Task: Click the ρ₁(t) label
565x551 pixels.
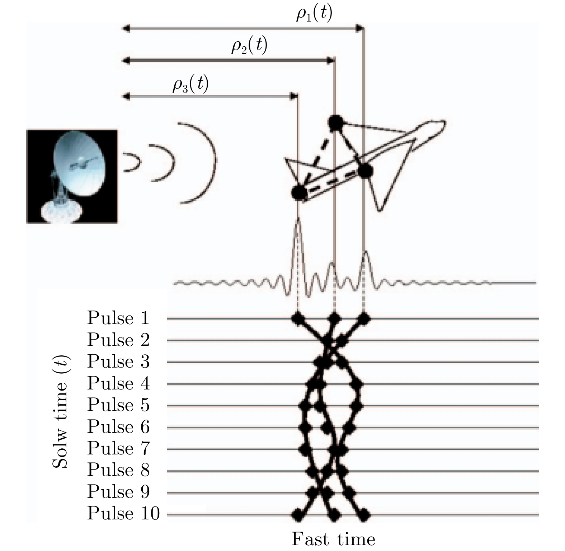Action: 314,14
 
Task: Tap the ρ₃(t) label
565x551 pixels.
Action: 190,84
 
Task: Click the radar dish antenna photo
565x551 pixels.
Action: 72,176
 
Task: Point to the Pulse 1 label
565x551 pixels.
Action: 118,318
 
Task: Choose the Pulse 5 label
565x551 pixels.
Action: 118,405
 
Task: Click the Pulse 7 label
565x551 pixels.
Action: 118,448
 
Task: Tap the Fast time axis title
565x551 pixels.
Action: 333,539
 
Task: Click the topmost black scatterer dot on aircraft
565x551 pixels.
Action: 335,123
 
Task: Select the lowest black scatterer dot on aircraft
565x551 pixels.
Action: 298,193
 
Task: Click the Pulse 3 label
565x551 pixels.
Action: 118,361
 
